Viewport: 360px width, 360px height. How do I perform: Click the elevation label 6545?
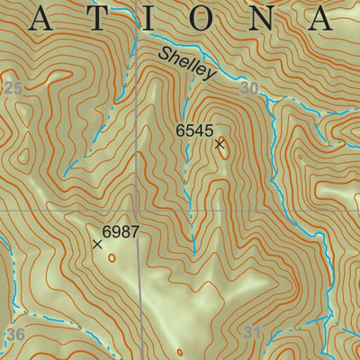coord(193,131)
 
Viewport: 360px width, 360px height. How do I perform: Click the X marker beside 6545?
coord(219,143)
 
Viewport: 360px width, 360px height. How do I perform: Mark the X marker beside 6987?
coord(97,244)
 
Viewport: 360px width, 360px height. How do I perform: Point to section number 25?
coord(12,87)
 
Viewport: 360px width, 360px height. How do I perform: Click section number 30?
coord(250,89)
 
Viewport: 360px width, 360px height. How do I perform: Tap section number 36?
coord(15,335)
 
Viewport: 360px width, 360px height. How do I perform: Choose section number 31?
coord(253,334)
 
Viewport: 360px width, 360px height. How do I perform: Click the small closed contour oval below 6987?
coord(112,257)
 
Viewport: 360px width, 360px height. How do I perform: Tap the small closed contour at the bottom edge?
coord(179,352)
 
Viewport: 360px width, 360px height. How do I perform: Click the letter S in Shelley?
coord(165,54)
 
